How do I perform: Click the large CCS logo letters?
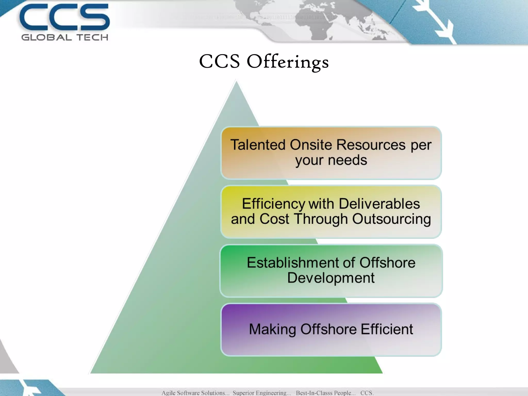(64, 17)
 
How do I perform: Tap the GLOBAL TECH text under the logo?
(65, 38)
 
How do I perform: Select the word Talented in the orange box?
(258, 145)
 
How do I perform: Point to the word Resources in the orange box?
(371, 145)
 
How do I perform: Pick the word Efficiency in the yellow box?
(273, 204)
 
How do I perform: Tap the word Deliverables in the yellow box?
(379, 204)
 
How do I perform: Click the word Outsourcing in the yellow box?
(391, 219)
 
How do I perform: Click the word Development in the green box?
(331, 278)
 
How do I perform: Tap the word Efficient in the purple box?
(387, 329)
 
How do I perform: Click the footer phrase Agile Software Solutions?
(195, 393)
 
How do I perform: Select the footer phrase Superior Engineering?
(262, 393)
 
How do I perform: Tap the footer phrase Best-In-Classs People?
(325, 393)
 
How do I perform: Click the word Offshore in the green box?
(387, 263)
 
